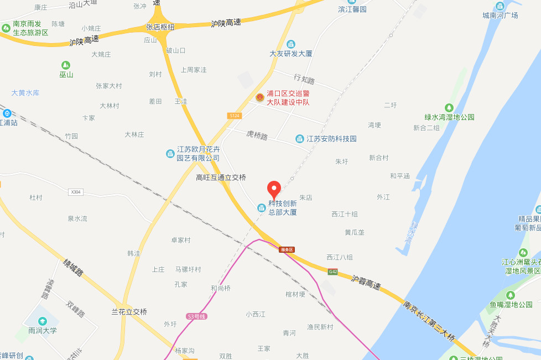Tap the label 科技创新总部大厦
pyautogui.click(x=283, y=207)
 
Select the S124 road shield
pyautogui.click(x=233, y=115)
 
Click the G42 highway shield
pyautogui.click(x=332, y=272)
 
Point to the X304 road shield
pyautogui.click(x=76, y=192)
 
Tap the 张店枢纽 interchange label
pyautogui.click(x=160, y=27)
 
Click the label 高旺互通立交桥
pyautogui.click(x=221, y=178)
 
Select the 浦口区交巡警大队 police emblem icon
pyautogui.click(x=260, y=97)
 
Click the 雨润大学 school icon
pyautogui.click(x=43, y=321)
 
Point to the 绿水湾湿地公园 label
pyautogui.click(x=449, y=117)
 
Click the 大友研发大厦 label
pyautogui.click(x=291, y=54)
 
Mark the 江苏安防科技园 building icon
pyautogui.click(x=299, y=138)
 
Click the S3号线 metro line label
pyautogui.click(x=196, y=316)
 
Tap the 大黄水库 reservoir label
pyautogui.click(x=25, y=93)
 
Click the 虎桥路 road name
pyautogui.click(x=257, y=135)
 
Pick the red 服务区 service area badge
pyautogui.click(x=287, y=249)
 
